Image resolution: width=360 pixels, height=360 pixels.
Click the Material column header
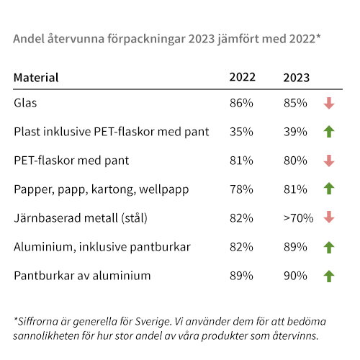pos(36,77)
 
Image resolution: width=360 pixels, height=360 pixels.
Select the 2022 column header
pos(241,77)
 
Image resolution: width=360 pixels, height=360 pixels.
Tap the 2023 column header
pos(297,77)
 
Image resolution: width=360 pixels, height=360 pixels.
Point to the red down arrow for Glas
pos(329,103)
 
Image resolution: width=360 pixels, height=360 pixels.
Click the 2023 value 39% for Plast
pos(297,132)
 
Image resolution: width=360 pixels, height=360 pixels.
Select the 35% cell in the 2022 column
pos(241,132)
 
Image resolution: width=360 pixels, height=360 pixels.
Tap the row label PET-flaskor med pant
pos(71,161)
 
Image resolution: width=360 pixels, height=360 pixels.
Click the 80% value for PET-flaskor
pos(297,161)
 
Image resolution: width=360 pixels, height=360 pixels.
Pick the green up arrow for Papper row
pos(329,189)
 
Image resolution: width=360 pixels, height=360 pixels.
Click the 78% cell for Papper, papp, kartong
pos(241,189)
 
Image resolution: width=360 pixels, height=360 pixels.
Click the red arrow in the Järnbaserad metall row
pos(329,218)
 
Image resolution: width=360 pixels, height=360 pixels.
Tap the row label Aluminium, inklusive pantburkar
pos(102,247)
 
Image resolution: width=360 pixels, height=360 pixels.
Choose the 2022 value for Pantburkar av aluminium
pos(241,276)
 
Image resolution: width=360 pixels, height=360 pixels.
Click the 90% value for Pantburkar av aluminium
pos(297,276)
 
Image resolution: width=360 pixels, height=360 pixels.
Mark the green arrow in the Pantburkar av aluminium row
pos(329,276)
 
